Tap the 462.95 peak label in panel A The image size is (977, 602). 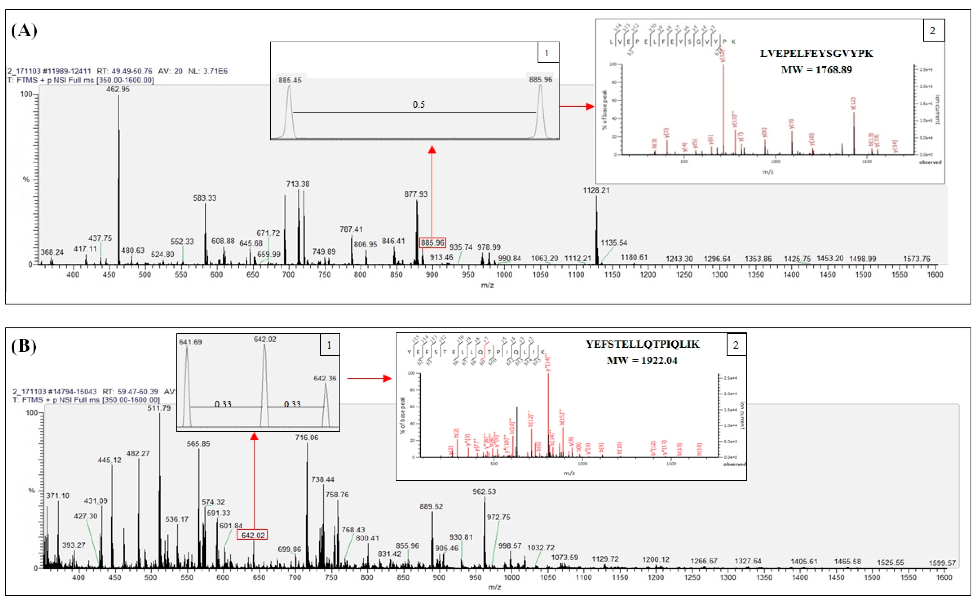coord(118,89)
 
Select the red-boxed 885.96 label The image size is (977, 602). coord(432,243)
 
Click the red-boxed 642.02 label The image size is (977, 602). coord(252,535)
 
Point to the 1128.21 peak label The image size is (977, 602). coord(596,190)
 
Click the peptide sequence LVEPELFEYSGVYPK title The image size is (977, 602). coord(816,53)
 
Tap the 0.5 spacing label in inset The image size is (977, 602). coord(418,105)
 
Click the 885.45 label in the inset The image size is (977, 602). coord(290,80)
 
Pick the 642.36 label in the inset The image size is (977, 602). coord(325,378)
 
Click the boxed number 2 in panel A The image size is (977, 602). coord(933,31)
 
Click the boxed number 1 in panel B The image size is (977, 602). coord(329,345)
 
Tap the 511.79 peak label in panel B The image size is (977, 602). coord(159,408)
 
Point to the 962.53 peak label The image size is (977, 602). coord(484,492)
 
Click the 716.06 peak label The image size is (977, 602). coord(307,438)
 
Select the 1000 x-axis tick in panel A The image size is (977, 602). coord(504,274)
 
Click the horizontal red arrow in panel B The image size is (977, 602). coord(369,378)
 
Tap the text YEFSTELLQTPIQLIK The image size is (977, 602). coord(642,344)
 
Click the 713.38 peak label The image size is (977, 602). coord(297,184)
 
